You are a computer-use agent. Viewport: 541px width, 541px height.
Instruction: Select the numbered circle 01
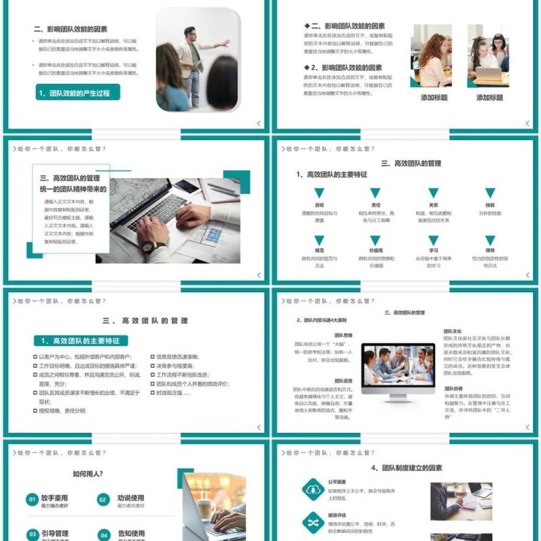[32, 500]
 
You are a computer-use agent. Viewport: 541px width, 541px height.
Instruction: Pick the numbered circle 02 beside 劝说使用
[103, 500]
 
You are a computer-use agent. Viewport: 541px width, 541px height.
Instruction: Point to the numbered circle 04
[103, 535]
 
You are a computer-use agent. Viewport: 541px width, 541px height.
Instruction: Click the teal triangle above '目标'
[319, 193]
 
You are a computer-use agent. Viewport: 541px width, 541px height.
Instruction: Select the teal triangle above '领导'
[490, 241]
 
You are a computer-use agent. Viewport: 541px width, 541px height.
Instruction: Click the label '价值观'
[376, 250]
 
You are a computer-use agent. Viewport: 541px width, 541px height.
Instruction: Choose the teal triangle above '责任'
[375, 193]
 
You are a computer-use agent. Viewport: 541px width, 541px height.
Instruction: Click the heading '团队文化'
[452, 331]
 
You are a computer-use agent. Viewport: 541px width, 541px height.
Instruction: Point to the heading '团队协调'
[453, 389]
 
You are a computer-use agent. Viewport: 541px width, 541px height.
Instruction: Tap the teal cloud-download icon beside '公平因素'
[312, 488]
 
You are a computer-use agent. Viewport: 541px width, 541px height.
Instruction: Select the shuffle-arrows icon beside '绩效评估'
[312, 522]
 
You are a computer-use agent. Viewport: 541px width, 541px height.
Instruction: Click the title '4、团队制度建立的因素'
[406, 468]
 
